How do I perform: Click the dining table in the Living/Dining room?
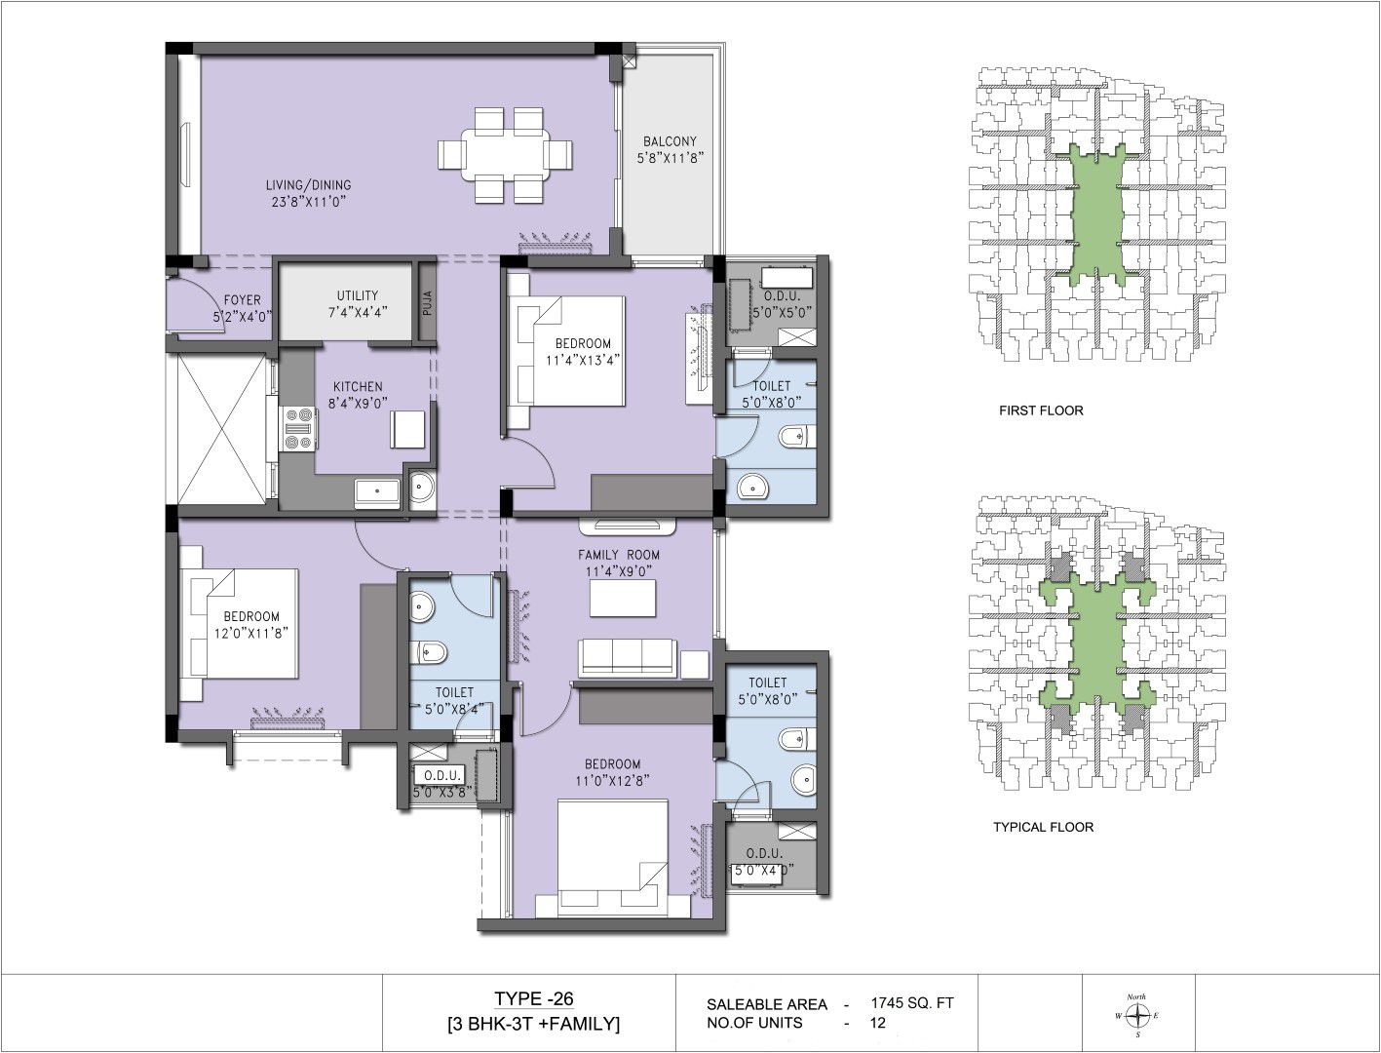[x=505, y=155]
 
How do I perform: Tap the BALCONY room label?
[x=670, y=141]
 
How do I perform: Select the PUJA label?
[x=427, y=303]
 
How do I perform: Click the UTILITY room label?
[x=358, y=295]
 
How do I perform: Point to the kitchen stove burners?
[x=298, y=429]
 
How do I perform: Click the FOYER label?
[x=243, y=300]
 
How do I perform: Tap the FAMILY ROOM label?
[x=619, y=555]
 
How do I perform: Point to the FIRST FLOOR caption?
[x=1041, y=411]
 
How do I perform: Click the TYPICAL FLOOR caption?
[x=1043, y=827]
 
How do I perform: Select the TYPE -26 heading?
[x=533, y=998]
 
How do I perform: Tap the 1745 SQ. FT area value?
[x=912, y=1002]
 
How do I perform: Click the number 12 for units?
[x=878, y=1023]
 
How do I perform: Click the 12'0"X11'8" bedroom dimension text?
[x=251, y=633]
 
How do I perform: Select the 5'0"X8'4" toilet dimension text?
[x=455, y=710]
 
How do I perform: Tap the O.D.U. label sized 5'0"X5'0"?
[x=782, y=295]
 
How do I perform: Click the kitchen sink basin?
[x=376, y=491]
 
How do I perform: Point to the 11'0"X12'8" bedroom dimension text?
[x=612, y=780]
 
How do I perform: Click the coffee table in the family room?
[x=623, y=598]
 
